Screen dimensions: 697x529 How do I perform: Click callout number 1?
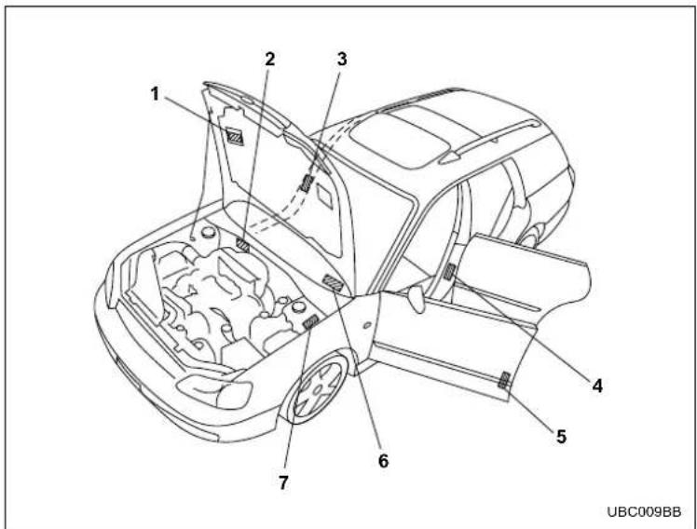(155, 94)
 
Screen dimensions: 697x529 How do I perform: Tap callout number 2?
(270, 59)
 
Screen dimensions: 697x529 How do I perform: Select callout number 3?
(341, 59)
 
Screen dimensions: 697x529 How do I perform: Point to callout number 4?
(597, 386)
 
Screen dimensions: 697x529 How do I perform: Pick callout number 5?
(562, 436)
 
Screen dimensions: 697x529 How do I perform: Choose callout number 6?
(383, 461)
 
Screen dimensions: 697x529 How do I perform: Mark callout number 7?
(283, 482)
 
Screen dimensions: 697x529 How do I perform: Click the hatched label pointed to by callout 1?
(235, 136)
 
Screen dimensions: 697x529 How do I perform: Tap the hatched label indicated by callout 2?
(242, 245)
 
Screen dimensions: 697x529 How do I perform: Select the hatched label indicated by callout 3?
(307, 183)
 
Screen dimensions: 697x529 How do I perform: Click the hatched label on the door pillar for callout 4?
(449, 271)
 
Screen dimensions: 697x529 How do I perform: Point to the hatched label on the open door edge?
(503, 380)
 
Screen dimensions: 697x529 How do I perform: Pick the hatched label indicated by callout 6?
(333, 283)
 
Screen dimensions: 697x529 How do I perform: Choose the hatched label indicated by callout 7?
(310, 321)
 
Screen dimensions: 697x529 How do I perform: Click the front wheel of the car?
(319, 387)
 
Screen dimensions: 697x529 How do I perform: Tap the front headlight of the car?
(215, 391)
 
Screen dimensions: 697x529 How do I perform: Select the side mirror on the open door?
(417, 298)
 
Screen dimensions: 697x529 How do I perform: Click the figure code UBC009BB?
(644, 511)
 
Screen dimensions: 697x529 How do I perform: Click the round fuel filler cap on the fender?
(367, 325)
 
